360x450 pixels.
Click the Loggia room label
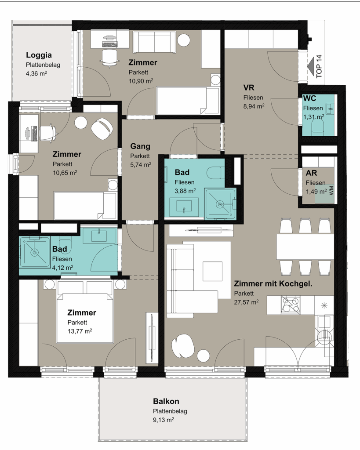(x=39, y=55)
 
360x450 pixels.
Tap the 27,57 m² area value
(x=246, y=302)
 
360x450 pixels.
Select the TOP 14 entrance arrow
(x=311, y=67)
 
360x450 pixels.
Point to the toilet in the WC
(x=318, y=126)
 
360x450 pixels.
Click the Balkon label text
(x=166, y=401)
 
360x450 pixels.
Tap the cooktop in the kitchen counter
(x=291, y=305)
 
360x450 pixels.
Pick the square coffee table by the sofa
(x=213, y=271)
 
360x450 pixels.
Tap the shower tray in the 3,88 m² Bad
(x=220, y=204)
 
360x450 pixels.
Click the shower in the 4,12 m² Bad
(x=35, y=252)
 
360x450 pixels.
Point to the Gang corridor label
(x=140, y=146)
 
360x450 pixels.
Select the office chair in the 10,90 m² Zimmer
(x=109, y=58)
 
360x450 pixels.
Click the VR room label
(x=249, y=87)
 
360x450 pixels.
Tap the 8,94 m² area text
(x=254, y=106)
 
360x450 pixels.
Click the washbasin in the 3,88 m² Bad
(x=184, y=207)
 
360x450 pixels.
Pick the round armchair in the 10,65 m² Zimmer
(x=102, y=129)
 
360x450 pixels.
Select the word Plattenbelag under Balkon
(x=170, y=411)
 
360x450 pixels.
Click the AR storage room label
(x=312, y=173)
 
